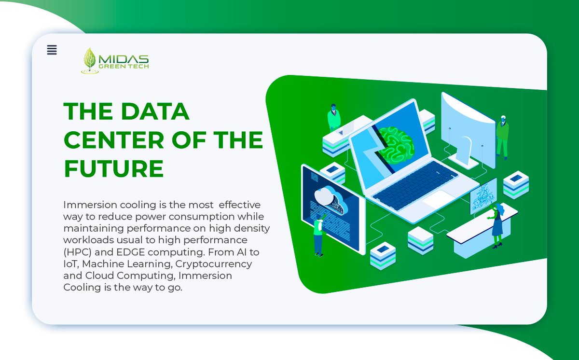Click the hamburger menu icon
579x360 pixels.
click(x=52, y=50)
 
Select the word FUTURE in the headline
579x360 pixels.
click(x=114, y=168)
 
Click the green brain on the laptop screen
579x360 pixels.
click(x=396, y=143)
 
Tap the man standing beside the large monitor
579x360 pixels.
click(x=502, y=137)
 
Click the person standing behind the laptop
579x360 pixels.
click(x=333, y=118)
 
